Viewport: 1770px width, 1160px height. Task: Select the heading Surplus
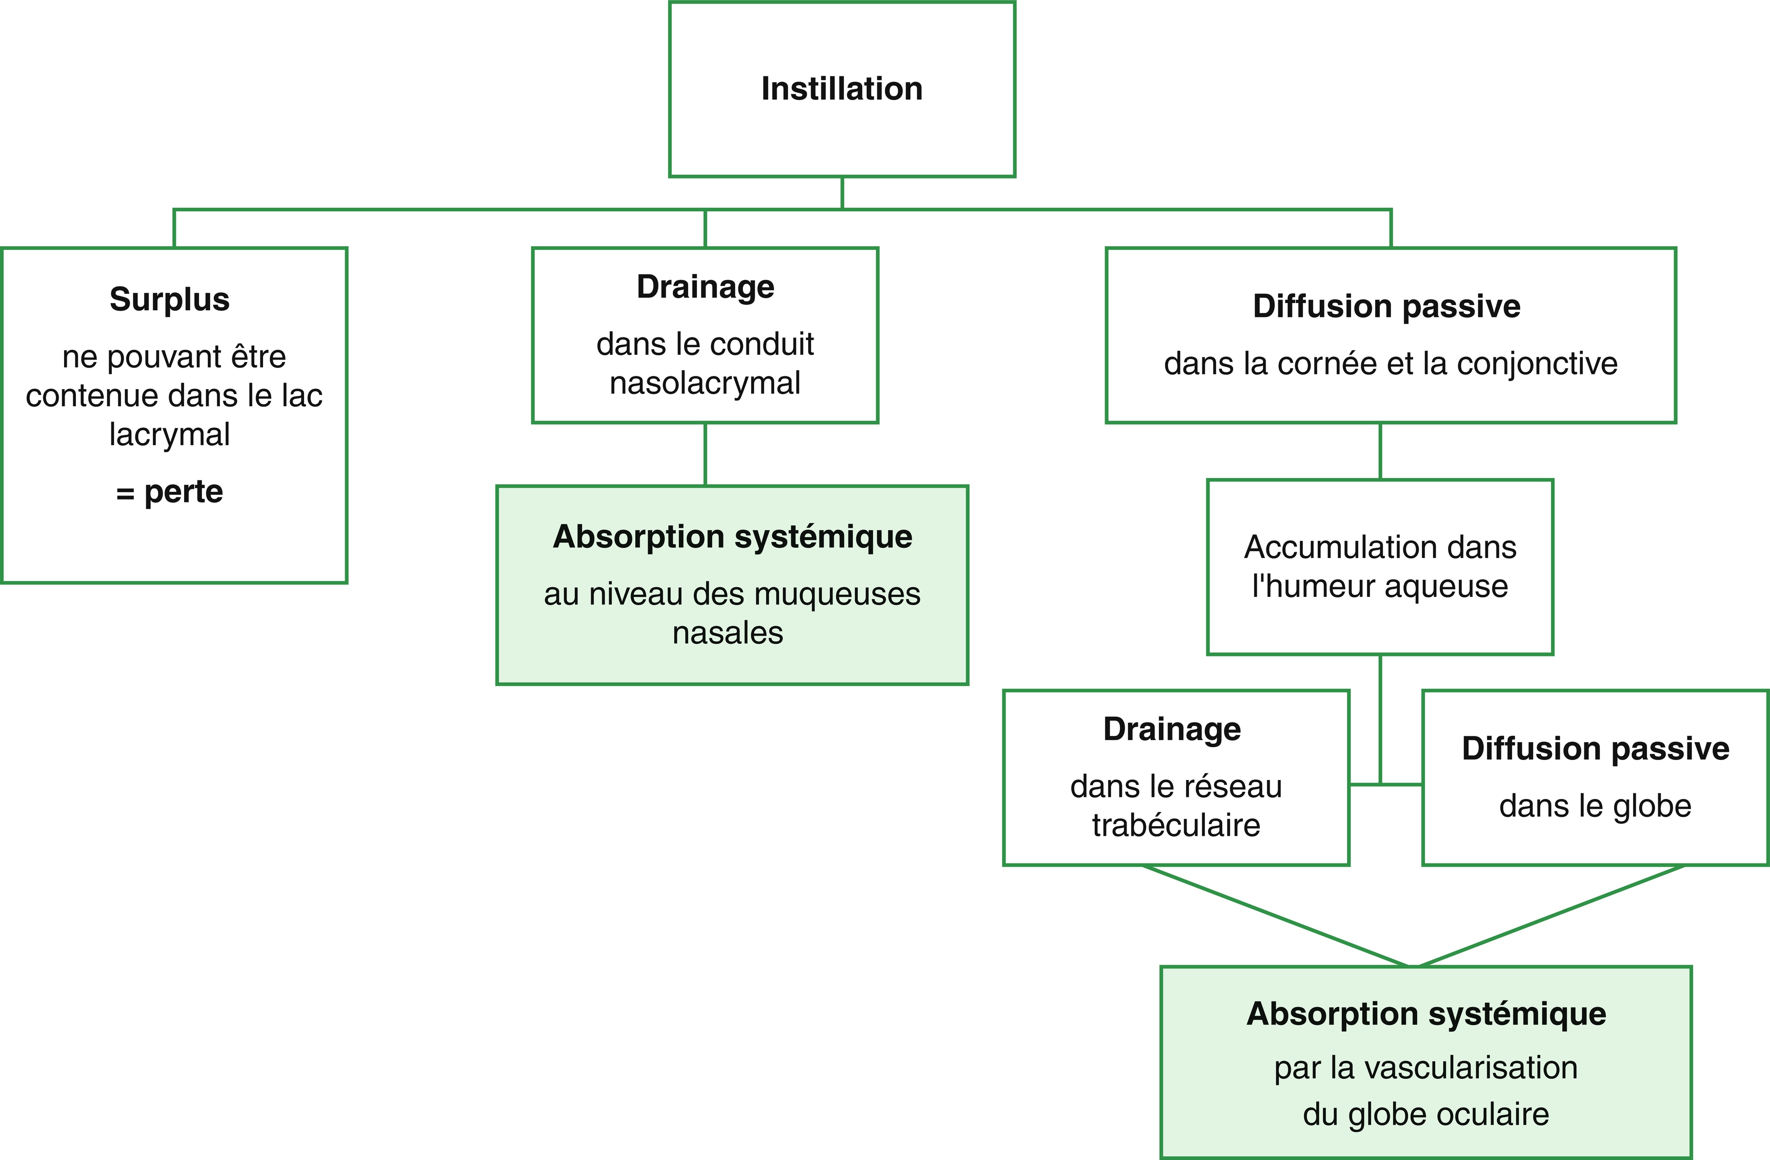pyautogui.click(x=170, y=299)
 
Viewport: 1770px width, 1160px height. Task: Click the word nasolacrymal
pyautogui.click(x=705, y=384)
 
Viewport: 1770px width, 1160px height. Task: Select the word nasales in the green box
pyautogui.click(x=728, y=633)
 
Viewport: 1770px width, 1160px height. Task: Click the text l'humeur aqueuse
pyautogui.click(x=1380, y=587)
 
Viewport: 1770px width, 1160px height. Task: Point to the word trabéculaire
pyautogui.click(x=1176, y=826)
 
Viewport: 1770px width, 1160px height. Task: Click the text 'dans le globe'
pyautogui.click(x=1595, y=806)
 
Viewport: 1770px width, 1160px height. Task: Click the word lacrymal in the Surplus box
pyautogui.click(x=170, y=435)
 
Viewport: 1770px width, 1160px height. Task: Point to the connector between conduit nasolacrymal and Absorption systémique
pyautogui.click(x=705, y=454)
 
